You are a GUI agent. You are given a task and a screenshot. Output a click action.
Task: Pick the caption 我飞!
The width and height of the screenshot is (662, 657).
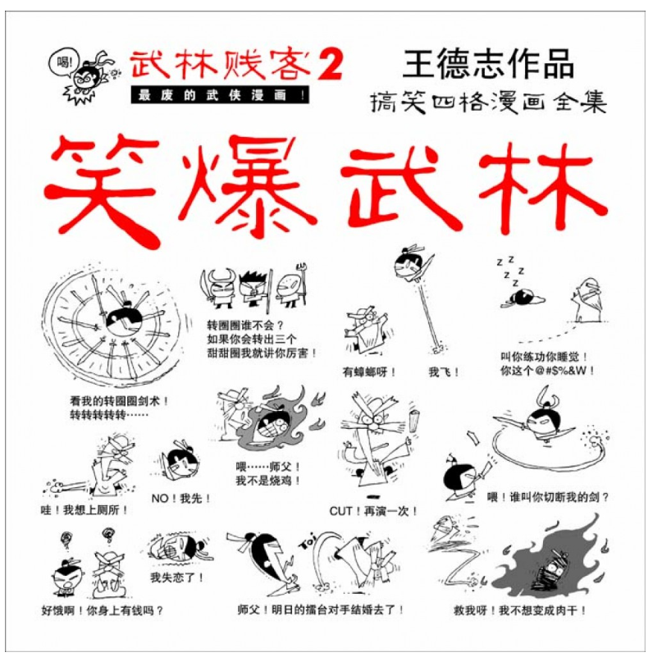pyautogui.click(x=443, y=372)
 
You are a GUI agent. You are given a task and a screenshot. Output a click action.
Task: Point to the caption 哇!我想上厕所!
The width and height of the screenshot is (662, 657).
pyautogui.click(x=84, y=510)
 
